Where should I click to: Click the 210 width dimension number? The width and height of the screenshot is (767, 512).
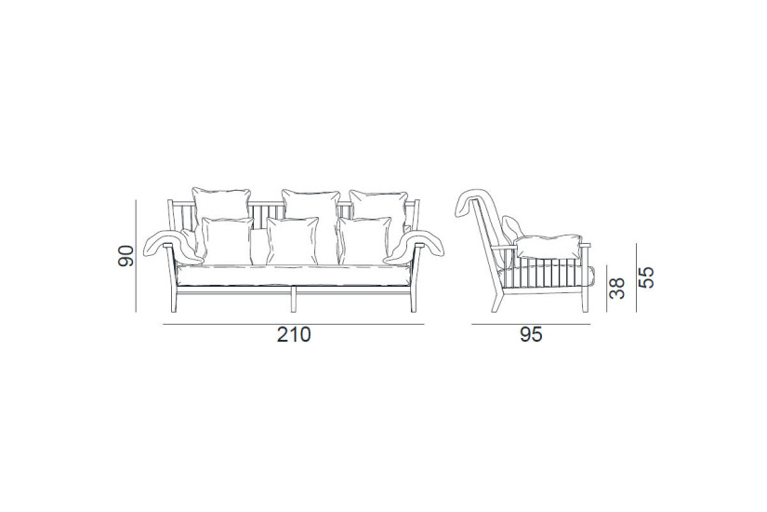[293, 335]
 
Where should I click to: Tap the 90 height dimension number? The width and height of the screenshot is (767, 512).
[127, 255]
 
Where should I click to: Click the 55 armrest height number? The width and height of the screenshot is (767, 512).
[646, 276]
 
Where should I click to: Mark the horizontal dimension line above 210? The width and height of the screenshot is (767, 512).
[293, 323]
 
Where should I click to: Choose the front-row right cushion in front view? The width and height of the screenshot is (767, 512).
[364, 239]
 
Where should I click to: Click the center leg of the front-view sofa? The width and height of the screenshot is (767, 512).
[293, 300]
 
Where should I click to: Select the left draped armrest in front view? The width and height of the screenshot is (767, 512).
[172, 242]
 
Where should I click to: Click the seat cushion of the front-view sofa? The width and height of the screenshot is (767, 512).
[293, 273]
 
